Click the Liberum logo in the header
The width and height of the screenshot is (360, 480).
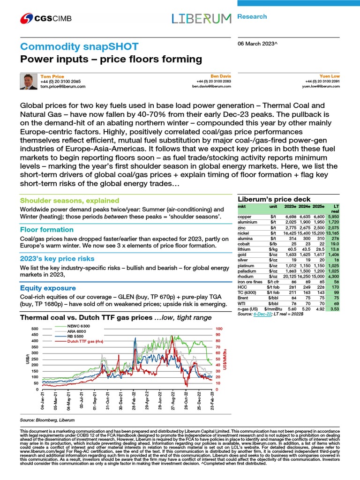click(201, 19)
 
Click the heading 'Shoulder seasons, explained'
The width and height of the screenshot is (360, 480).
click(69, 200)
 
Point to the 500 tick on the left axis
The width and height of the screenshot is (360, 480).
click(34, 329)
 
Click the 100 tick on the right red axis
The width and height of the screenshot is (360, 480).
click(219, 329)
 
